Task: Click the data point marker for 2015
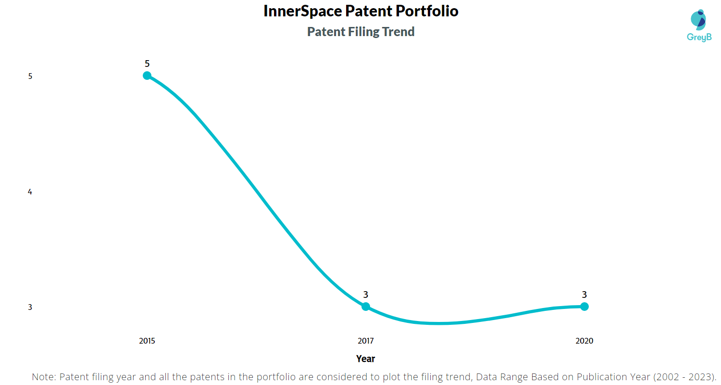point(147,76)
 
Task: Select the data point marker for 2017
point(366,307)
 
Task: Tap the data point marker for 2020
point(584,307)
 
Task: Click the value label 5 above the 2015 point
point(147,64)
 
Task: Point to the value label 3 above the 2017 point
point(366,295)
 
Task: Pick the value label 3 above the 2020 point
point(584,295)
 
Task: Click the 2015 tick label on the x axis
point(147,341)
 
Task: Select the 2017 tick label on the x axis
point(366,341)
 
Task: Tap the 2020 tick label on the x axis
point(584,341)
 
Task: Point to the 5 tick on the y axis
point(30,77)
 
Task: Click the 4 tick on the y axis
point(30,192)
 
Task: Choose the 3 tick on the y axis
point(30,308)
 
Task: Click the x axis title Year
point(366,359)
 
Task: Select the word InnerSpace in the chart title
point(302,11)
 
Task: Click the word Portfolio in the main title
point(427,11)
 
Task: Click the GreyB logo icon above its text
point(698,20)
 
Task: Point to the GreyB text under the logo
point(699,38)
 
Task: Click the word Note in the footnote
point(44,377)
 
